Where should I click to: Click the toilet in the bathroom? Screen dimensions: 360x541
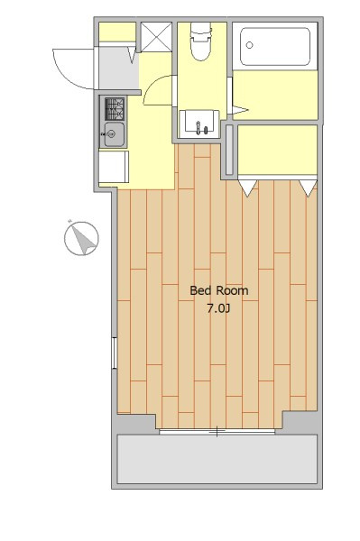200,41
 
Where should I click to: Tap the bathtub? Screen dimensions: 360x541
275,47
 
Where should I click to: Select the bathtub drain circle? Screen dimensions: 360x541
249,45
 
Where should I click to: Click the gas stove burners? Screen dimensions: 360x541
115,108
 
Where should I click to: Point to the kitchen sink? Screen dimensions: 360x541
115,134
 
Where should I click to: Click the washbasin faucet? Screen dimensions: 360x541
198,128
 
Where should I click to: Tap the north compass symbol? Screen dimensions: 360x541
81,238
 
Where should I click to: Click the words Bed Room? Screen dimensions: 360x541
219,290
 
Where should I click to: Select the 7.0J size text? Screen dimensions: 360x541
218,308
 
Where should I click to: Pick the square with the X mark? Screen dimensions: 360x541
156,37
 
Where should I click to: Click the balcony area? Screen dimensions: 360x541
217,459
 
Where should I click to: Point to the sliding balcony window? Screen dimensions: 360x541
217,431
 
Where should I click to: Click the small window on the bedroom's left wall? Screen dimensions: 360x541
115,353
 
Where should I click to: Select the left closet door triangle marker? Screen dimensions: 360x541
248,188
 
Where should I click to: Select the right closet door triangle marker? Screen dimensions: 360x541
308,188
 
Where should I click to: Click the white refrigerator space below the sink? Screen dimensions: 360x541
114,167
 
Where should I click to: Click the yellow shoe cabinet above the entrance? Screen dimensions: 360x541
117,32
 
